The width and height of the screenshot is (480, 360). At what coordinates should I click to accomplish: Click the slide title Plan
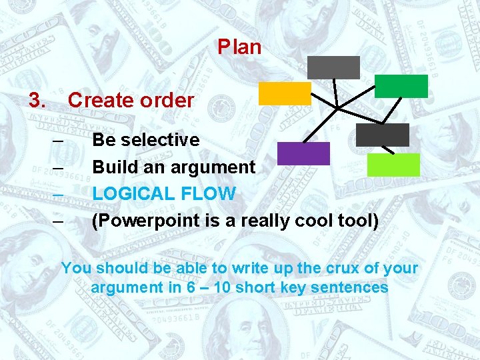239,47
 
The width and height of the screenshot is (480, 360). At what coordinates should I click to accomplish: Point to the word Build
113,167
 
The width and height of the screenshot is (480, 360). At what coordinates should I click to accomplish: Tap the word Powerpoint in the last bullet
137,221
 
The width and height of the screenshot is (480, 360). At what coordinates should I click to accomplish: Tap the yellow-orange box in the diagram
285,93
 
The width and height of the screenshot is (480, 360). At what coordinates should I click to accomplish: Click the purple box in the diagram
303,153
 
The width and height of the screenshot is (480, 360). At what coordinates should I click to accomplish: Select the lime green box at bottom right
393,165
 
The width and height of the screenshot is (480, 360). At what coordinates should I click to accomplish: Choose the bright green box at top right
401,86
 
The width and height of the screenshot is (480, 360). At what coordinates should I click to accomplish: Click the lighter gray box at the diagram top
333,67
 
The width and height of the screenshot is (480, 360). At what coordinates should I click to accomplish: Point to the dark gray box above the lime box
383,135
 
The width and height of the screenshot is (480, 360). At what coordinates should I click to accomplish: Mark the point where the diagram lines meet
338,107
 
